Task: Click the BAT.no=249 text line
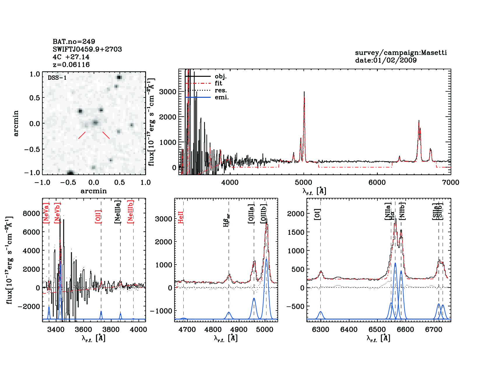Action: click(74, 42)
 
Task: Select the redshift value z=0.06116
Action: click(71, 65)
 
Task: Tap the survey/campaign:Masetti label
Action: click(401, 53)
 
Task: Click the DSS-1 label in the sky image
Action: click(57, 78)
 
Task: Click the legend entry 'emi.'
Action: click(222, 97)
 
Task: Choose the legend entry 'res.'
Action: click(221, 90)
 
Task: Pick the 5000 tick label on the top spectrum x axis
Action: click(303, 182)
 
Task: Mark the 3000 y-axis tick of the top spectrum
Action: click(168, 92)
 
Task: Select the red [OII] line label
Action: click(98, 216)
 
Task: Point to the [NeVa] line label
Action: click(46, 213)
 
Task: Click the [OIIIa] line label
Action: click(251, 214)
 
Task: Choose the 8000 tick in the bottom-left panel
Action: click(31, 213)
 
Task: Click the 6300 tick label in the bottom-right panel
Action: click(320, 330)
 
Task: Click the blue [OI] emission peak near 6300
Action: click(320, 312)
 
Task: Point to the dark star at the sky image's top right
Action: click(119, 77)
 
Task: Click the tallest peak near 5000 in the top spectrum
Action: click(304, 93)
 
